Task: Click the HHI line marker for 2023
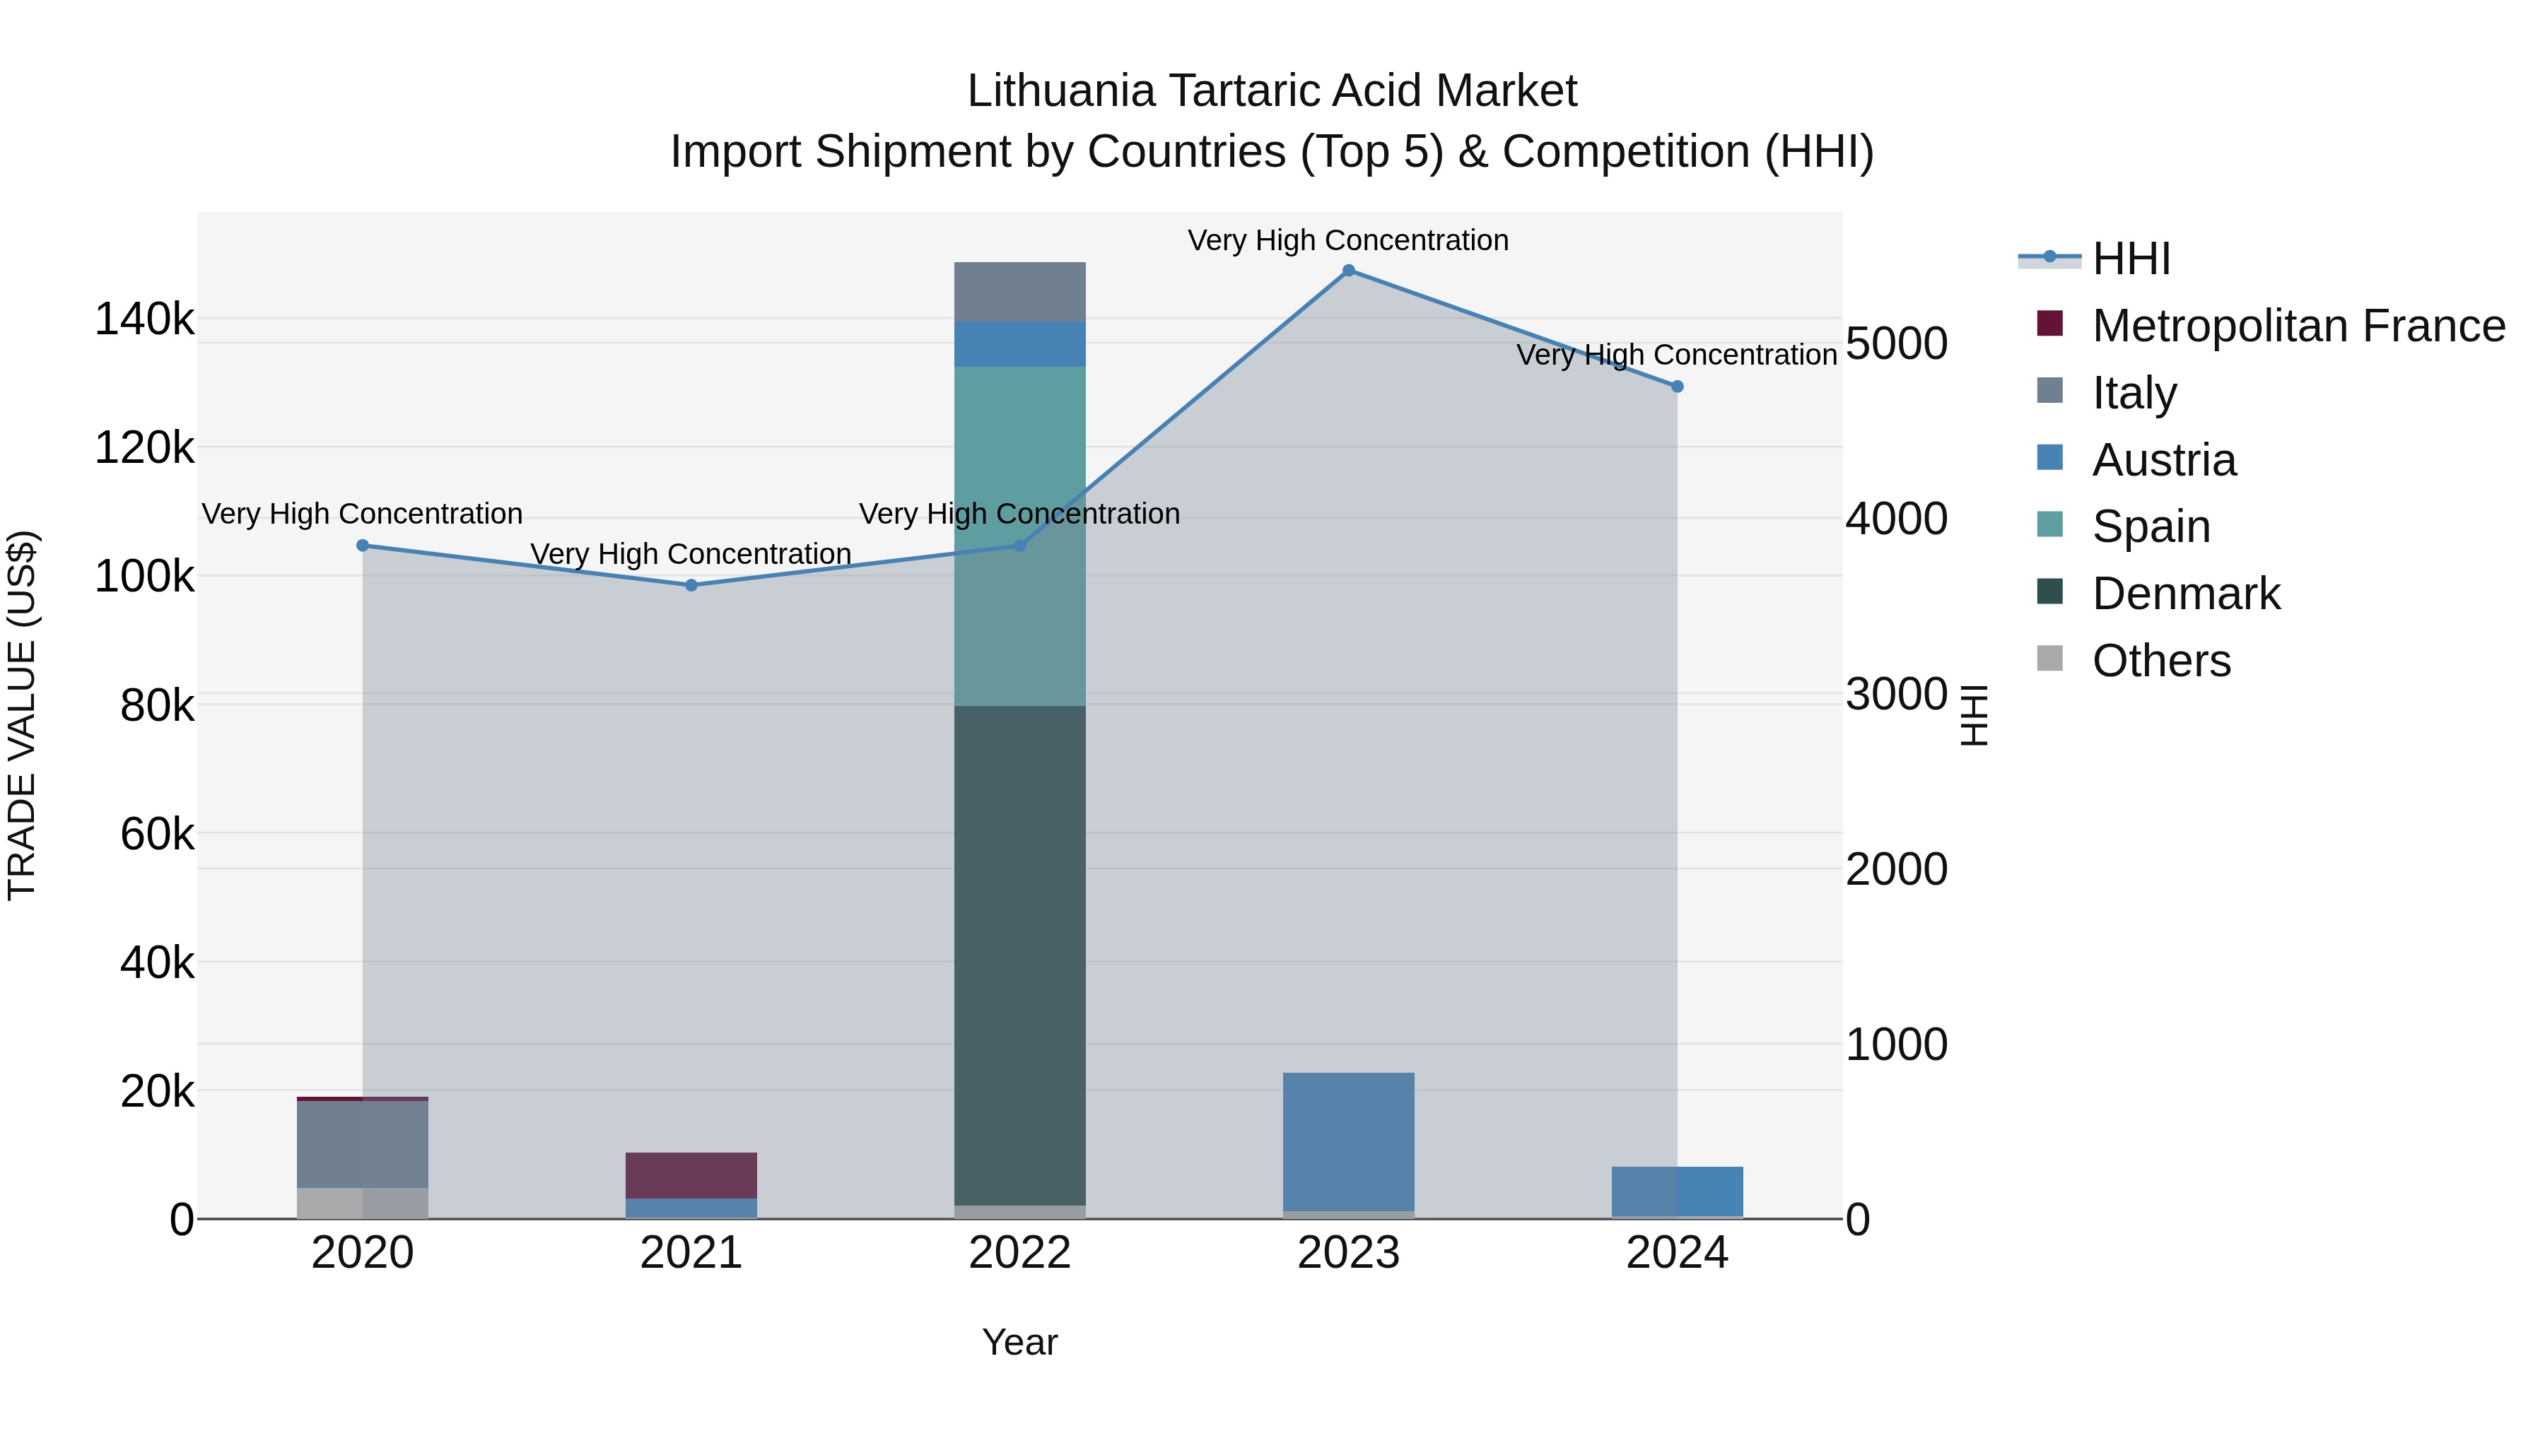point(1349,271)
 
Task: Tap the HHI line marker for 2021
point(691,584)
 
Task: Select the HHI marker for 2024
point(1678,386)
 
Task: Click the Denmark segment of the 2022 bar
point(1019,955)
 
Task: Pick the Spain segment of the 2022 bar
point(1019,536)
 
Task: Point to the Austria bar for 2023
point(1349,1142)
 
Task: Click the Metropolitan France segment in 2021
point(691,1175)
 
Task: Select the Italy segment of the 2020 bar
point(363,1143)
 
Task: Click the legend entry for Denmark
point(2185,594)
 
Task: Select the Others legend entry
point(2160,661)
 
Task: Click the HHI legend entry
point(2130,259)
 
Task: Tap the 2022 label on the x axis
point(1019,1253)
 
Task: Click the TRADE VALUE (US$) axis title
point(22,715)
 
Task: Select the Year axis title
point(1019,1342)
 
